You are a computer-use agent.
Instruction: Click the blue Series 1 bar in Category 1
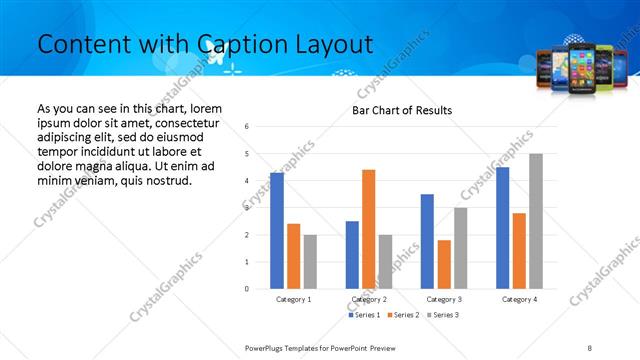coord(277,231)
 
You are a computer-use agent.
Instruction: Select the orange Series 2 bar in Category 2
coord(368,229)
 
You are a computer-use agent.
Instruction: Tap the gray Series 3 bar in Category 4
coord(536,221)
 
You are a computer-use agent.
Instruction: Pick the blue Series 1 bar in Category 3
coord(427,241)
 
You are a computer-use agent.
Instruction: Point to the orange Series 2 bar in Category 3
coord(444,264)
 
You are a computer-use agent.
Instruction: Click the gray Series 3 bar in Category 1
coord(310,262)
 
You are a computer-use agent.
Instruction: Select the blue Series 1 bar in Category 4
coord(502,228)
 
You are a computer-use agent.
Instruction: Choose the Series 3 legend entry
coord(442,315)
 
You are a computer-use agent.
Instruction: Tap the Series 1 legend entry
coord(364,315)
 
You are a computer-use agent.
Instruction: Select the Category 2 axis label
coord(368,299)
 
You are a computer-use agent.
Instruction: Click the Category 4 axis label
coord(519,299)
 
